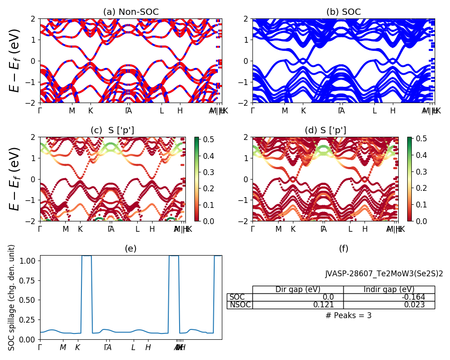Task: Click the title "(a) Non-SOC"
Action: [131, 12]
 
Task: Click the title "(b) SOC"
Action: [343, 12]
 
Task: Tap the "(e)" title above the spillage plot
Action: [130, 248]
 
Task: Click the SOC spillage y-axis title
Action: [12, 297]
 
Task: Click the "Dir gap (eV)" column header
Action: [298, 289]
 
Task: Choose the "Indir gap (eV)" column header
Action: [389, 289]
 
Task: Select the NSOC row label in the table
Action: [240, 305]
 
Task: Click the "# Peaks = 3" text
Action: [349, 315]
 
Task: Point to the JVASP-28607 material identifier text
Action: [384, 274]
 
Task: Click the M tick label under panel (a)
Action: [72, 111]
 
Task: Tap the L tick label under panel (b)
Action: [374, 111]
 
